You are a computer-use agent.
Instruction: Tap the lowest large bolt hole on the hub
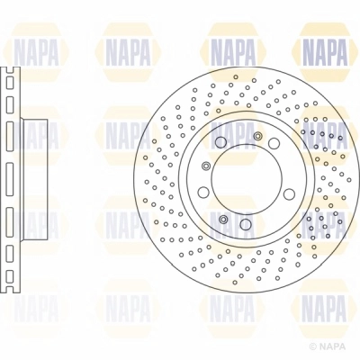(246, 224)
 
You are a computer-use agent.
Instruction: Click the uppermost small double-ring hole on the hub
(258, 136)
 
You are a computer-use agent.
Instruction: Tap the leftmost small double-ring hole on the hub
(206, 166)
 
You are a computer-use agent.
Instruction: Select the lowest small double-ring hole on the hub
(222, 219)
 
